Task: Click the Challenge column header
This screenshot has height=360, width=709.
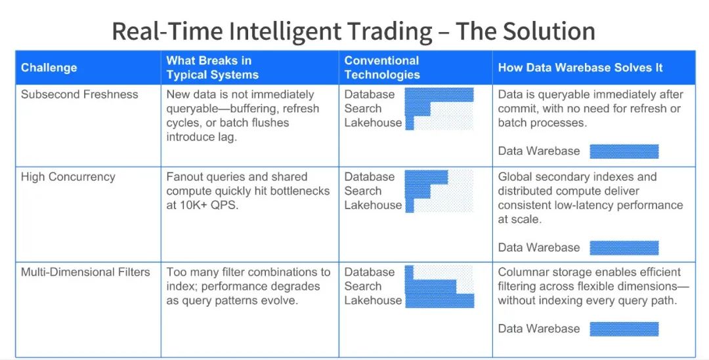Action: coord(49,68)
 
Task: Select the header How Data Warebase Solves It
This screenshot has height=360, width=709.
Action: coord(580,68)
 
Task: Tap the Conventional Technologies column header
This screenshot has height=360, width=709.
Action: coord(382,68)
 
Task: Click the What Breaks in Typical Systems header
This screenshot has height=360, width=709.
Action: coord(213,68)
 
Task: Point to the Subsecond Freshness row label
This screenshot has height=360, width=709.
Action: coord(79,94)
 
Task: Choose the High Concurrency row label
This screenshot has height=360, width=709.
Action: coord(68,176)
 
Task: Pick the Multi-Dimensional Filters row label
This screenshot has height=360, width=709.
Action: coord(85,272)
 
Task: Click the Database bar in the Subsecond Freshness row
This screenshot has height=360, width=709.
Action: coord(439,95)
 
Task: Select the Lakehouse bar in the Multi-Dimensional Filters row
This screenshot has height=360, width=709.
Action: coord(439,301)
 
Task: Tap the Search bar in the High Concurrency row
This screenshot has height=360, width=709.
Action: coord(418,191)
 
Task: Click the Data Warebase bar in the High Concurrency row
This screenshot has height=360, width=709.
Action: coord(624,247)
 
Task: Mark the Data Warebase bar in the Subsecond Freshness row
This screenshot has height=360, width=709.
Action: coord(624,151)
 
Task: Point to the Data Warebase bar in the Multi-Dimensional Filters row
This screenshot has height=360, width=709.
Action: coord(624,329)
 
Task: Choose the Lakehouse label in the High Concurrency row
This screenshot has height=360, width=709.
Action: coord(373,205)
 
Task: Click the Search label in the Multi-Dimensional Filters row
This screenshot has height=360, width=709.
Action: coord(362,287)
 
